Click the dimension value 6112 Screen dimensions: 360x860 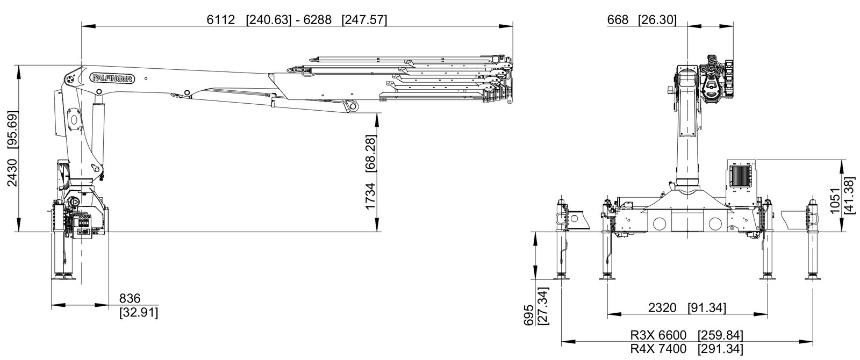221,20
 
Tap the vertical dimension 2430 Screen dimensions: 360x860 12,172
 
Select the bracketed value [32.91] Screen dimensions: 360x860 139,312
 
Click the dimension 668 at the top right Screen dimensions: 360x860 618,20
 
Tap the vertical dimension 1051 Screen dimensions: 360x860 835,200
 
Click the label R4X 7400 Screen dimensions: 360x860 658,349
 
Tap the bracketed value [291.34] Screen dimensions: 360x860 720,349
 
